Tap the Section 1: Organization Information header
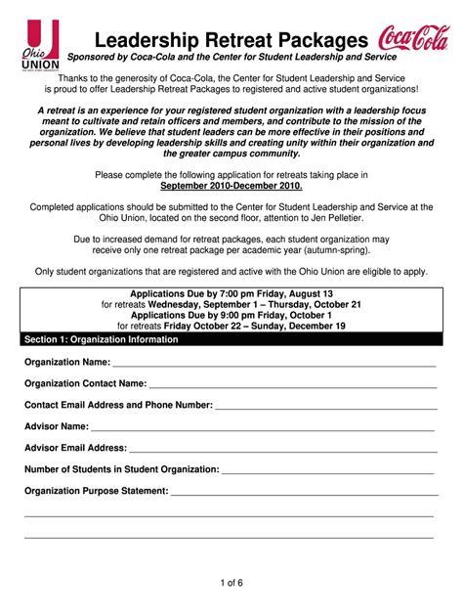tap(102, 339)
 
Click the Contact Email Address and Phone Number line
tap(323, 405)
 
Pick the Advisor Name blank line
tap(264, 427)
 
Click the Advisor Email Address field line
tap(282, 449)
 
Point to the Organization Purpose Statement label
tap(97, 491)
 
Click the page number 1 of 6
tap(231, 584)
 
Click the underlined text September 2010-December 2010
tap(231, 186)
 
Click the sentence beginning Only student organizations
tap(231, 271)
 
